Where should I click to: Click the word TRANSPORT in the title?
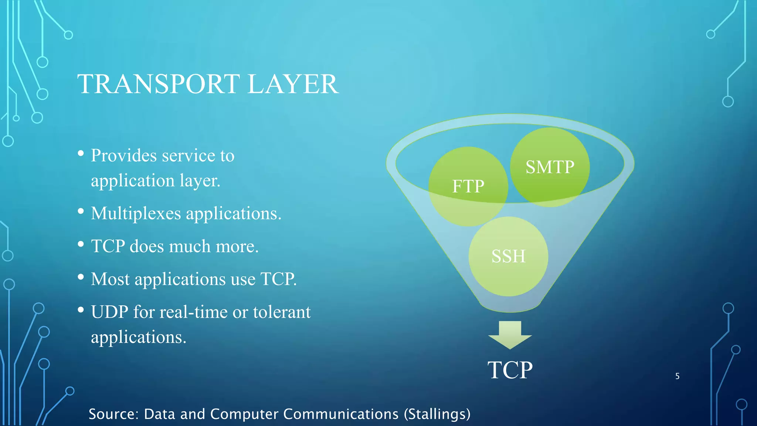pyautogui.click(x=159, y=84)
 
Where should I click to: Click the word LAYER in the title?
pyautogui.click(x=293, y=84)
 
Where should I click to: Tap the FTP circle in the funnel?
pyautogui.click(x=468, y=186)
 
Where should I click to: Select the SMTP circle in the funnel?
pyautogui.click(x=550, y=167)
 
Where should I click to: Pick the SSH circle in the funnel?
pyautogui.click(x=508, y=256)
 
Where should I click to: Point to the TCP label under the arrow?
pyautogui.click(x=510, y=370)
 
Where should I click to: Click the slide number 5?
pyautogui.click(x=677, y=376)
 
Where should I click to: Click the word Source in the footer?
pyautogui.click(x=112, y=414)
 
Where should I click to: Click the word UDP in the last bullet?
pyautogui.click(x=109, y=312)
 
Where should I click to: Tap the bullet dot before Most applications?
pyautogui.click(x=81, y=277)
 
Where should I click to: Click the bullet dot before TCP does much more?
pyautogui.click(x=81, y=244)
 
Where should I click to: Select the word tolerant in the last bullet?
pyautogui.click(x=282, y=312)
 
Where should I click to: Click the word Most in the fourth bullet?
pyautogui.click(x=110, y=279)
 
